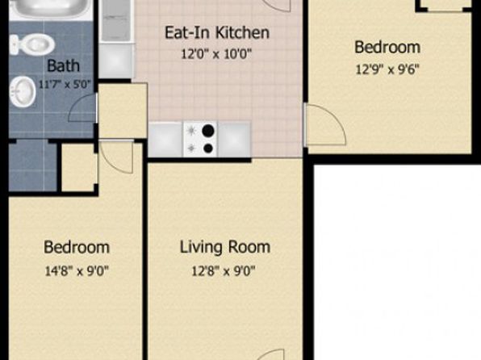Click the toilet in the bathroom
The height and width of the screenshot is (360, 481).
tap(31, 45)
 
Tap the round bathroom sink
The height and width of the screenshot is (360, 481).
tap(22, 92)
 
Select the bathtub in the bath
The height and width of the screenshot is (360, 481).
tap(51, 9)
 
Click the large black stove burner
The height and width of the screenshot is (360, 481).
tap(208, 131)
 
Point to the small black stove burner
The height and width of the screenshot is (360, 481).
tap(208, 149)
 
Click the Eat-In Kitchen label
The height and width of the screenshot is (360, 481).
tap(217, 32)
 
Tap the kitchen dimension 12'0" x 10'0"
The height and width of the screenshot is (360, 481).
tap(216, 54)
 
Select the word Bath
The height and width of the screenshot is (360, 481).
tap(64, 65)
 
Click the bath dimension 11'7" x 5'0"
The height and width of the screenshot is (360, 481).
tap(65, 84)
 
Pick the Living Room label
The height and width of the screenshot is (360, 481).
tap(225, 247)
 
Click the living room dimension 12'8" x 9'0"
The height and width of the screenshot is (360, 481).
tap(224, 271)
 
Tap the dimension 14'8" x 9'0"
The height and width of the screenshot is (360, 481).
tap(77, 271)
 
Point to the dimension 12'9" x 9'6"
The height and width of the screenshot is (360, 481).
tap(387, 69)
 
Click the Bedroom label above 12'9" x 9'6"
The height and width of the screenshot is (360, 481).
tap(387, 48)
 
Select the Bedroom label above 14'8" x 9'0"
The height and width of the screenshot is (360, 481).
tap(77, 247)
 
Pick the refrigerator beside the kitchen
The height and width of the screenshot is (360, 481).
tap(116, 21)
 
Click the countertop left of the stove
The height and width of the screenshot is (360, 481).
tap(165, 140)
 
